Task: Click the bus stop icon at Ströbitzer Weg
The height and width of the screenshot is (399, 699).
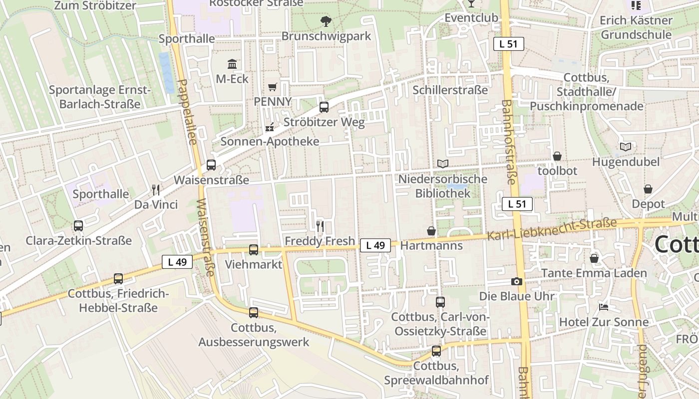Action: (324, 107)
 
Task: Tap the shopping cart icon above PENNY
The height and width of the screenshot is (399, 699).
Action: (272, 87)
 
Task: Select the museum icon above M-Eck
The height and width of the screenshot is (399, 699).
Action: (232, 64)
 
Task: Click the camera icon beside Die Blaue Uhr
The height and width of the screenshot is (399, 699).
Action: (517, 282)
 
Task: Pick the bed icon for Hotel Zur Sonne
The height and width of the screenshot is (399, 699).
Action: (604, 307)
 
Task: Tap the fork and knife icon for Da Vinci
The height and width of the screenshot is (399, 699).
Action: (156, 190)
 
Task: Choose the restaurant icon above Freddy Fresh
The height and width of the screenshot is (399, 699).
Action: (320, 226)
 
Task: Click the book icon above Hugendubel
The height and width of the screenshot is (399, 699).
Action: (626, 147)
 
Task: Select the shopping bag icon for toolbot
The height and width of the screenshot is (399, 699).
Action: (557, 156)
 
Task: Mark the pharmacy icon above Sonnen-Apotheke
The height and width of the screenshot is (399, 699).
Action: (270, 127)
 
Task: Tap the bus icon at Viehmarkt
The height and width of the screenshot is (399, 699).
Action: (254, 249)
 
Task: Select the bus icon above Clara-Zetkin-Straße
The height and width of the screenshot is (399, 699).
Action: (78, 226)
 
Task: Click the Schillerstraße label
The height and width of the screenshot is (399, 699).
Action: (450, 90)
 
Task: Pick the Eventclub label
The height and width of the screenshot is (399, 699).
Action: (471, 18)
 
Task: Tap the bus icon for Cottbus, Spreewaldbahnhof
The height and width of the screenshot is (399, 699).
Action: (436, 351)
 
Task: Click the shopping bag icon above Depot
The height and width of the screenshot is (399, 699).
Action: (648, 189)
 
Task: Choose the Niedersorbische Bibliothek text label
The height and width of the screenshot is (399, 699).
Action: (443, 186)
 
